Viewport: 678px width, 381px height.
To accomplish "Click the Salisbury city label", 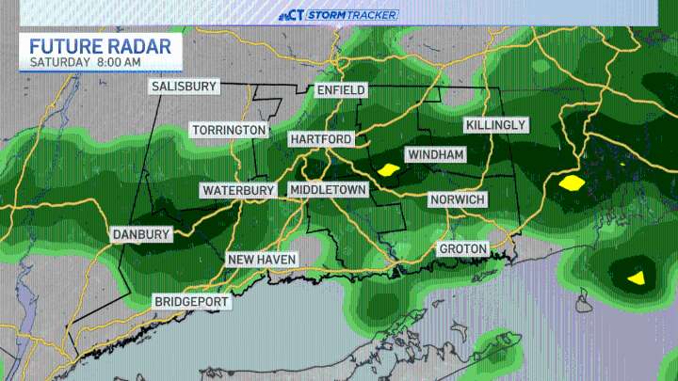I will point(185,87).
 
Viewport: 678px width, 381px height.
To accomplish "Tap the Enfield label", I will point(339,90).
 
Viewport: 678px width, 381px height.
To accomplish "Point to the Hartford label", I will point(320,139).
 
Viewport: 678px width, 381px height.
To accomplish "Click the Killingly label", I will point(496,125).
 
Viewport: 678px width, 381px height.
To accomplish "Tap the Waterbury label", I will point(237,190).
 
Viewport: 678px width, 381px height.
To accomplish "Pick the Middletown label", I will point(327,190).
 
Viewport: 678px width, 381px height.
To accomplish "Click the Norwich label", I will point(457,199).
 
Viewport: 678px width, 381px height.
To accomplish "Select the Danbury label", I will point(141,234).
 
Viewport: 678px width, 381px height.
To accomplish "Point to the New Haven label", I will point(262,260).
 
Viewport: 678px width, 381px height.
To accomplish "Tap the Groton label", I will point(462,248).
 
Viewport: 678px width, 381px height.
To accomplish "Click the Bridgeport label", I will point(192,301).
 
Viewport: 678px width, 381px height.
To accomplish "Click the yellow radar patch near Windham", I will point(387,170).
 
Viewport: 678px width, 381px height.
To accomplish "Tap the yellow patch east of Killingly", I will point(571,183).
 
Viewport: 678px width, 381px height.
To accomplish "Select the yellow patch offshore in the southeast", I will point(637,277).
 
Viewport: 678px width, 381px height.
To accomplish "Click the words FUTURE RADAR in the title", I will point(100,46).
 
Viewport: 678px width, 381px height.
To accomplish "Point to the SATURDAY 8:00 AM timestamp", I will point(85,62).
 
